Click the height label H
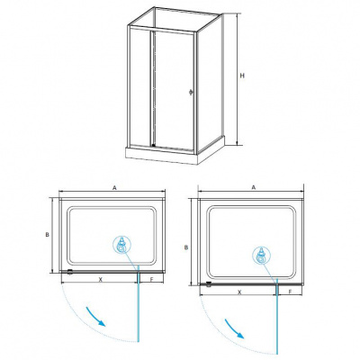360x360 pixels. pos(242,76)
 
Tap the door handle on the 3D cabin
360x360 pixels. pos(190,93)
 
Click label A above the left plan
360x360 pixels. pos(114,187)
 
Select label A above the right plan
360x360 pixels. pos(254,187)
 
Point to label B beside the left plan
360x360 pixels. pos(47,235)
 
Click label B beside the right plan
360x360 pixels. pos(186,247)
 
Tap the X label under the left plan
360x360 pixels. pos(101,279)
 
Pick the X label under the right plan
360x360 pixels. pos(239,292)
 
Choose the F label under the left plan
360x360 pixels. pos(151,279)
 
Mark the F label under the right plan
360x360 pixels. pos(291,292)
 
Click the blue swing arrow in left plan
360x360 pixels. pos(96,317)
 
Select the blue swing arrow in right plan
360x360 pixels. pos(235,328)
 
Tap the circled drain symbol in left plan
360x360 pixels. pos(122,245)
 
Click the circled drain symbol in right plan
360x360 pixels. pos(261,256)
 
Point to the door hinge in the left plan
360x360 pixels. pos(70,272)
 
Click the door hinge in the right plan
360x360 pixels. pos(209,284)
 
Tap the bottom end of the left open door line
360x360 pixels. pos(139,342)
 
